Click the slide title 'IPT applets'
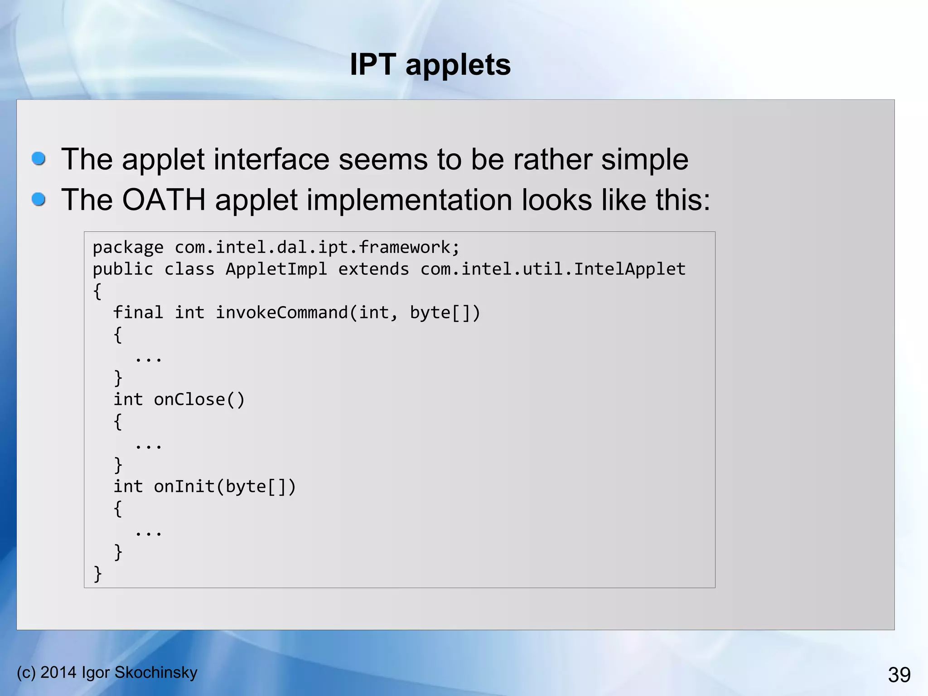430,65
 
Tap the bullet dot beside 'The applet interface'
39,159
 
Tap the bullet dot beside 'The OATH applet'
39,199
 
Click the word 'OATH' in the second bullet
164,200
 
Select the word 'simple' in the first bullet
644,160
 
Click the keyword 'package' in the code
128,248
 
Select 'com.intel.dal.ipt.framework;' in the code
317,248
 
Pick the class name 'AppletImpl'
276,269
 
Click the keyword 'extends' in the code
373,269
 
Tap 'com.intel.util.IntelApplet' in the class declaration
553,269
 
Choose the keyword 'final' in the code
138,313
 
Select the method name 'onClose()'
199,400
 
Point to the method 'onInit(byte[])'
225,487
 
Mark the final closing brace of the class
97,574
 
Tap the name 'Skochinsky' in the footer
156,672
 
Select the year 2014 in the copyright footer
58,672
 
